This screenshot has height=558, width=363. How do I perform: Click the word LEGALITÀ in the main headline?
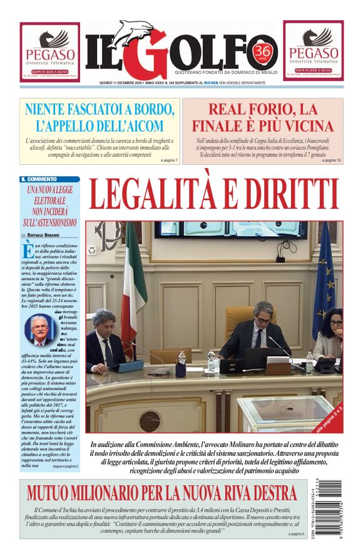(162, 195)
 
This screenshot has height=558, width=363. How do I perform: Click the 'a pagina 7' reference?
(169, 161)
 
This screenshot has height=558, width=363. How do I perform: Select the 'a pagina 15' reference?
(332, 161)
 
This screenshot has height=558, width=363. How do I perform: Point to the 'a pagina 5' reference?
(296, 534)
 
